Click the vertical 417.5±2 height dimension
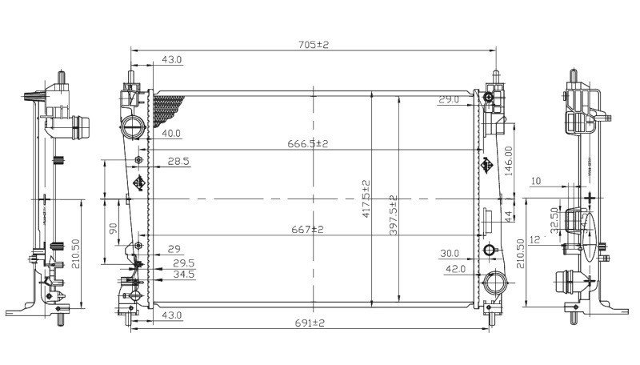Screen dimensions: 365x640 pyautogui.click(x=366, y=200)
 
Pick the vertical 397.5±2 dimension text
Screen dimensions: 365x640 pyautogui.click(x=393, y=215)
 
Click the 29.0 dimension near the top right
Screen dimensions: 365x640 pyautogui.click(x=448, y=100)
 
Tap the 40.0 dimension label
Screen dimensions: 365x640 pyautogui.click(x=171, y=134)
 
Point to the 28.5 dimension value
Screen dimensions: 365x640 pyautogui.click(x=178, y=162)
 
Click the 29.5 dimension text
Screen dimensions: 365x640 pyautogui.click(x=184, y=263)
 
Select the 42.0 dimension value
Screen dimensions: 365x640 pyautogui.click(x=455, y=270)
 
